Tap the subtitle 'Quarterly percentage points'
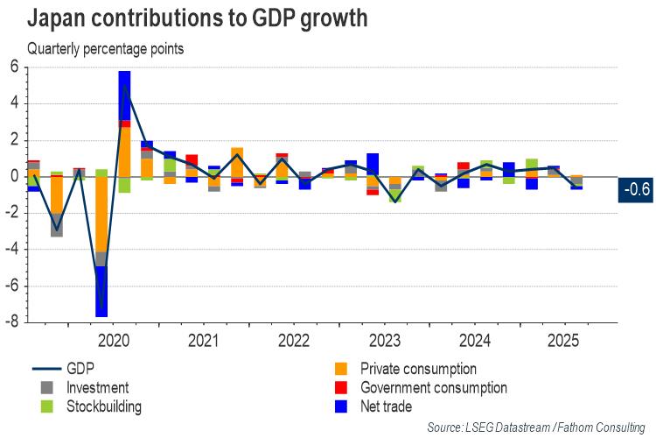point(105,49)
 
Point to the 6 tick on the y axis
point(14,67)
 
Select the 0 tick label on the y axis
point(14,177)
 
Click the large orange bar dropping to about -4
point(102,214)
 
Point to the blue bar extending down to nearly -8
point(102,291)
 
